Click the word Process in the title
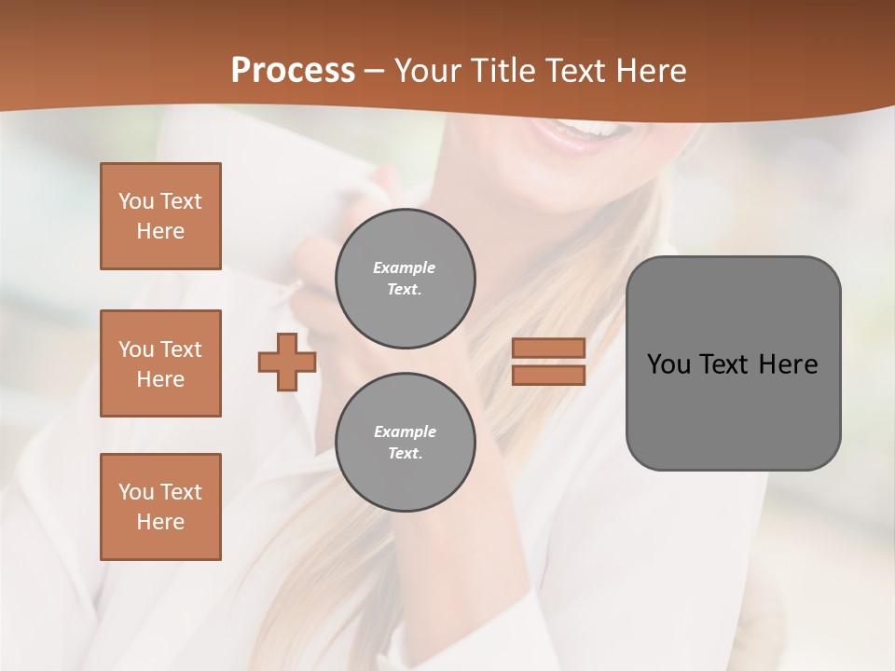coord(293,71)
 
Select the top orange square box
coord(160,216)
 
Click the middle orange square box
coord(160,363)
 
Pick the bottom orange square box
coord(160,507)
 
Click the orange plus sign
coord(287,362)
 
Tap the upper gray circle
coord(406,279)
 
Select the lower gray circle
coord(406,443)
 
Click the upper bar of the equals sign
coord(548,348)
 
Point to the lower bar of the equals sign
coord(548,375)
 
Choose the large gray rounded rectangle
coord(733,410)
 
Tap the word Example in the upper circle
coord(404,267)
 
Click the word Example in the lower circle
coord(404,431)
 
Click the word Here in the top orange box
coord(160,231)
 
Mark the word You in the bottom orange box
coord(136,492)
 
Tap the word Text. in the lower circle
coord(405,454)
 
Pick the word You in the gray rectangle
coord(668,364)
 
